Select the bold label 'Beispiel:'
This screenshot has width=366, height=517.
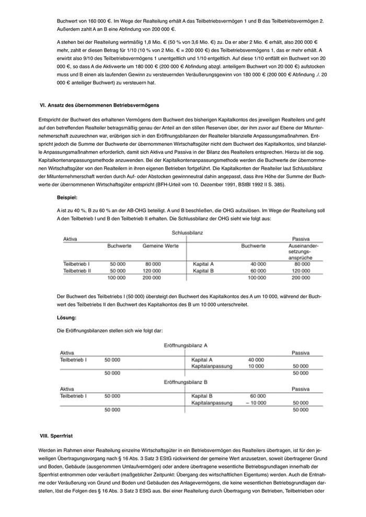pyautogui.click(x=67, y=198)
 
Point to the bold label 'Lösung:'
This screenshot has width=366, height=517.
pyautogui.click(x=67, y=318)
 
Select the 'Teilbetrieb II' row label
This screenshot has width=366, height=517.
pyautogui.click(x=77, y=271)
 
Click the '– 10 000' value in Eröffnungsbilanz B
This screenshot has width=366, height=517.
pyautogui.click(x=255, y=403)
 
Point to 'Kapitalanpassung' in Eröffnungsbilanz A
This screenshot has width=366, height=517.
pyautogui.click(x=212, y=367)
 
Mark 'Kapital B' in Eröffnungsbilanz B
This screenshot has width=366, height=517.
pyautogui.click(x=203, y=396)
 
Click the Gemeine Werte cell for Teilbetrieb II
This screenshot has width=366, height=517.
pyautogui.click(x=152, y=271)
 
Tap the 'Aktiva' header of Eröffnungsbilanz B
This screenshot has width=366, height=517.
pyautogui.click(x=67, y=389)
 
